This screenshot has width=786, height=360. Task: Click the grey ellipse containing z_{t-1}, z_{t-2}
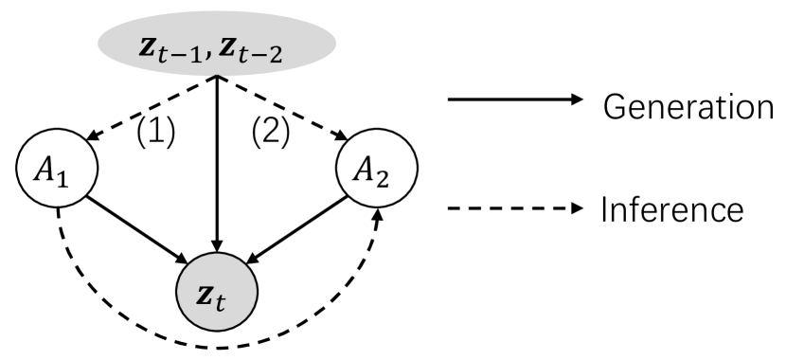coord(218,44)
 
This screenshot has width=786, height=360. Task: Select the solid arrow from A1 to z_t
coord(137,226)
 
